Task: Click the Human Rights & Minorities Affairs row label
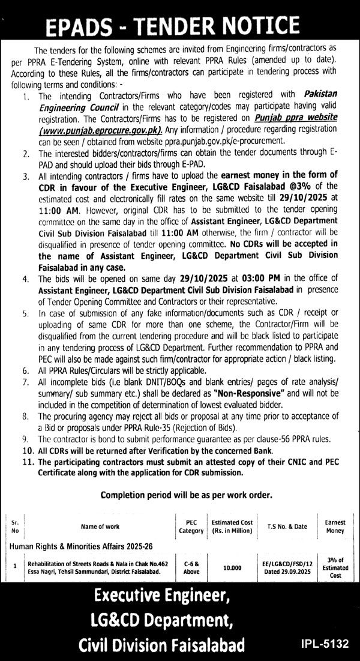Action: [73, 547]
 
